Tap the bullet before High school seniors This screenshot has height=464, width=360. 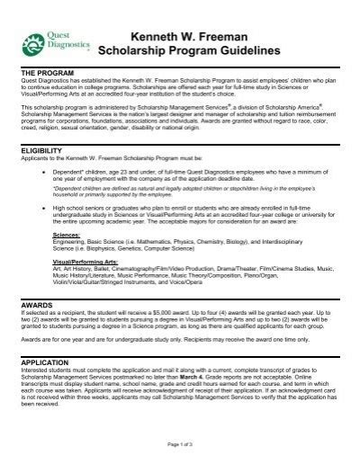coord(55,206)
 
